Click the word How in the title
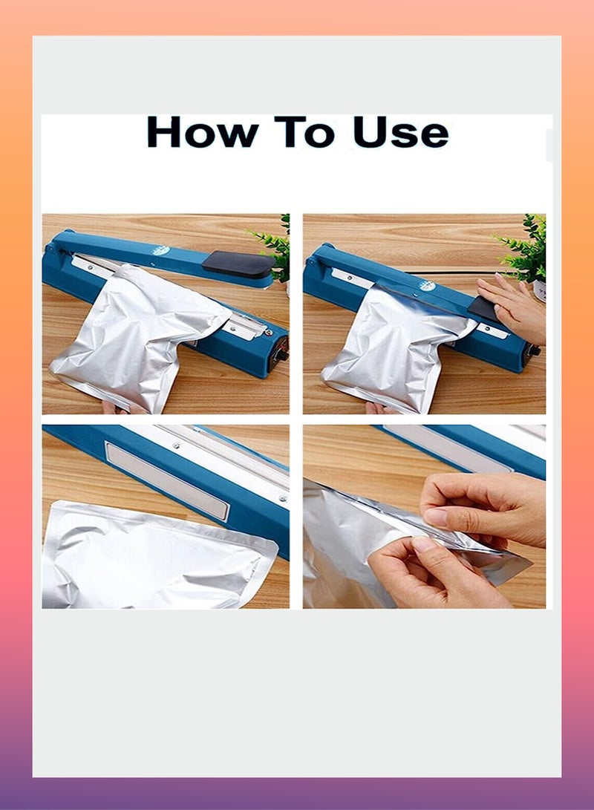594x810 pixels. click(202, 132)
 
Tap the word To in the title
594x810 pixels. click(304, 132)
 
